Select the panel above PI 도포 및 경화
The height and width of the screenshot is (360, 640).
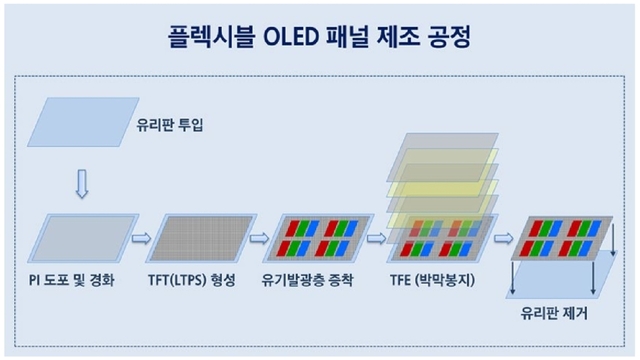click(84, 237)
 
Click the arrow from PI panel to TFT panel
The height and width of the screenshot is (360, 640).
click(141, 238)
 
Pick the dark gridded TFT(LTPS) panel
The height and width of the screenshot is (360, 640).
click(199, 237)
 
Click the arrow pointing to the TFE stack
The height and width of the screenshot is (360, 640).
click(377, 238)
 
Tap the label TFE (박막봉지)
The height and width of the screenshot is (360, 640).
click(433, 279)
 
